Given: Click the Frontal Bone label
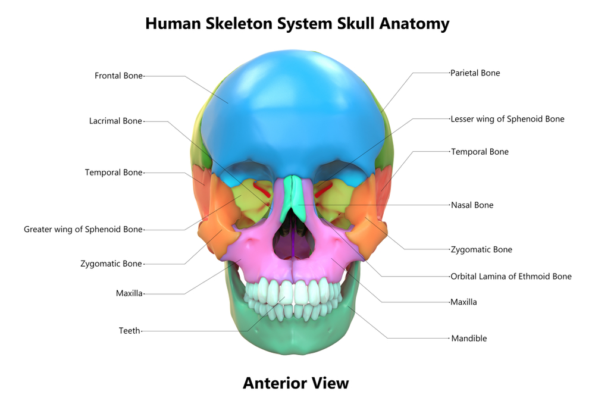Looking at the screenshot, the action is point(118,76).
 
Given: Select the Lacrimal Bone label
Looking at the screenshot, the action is point(115,121).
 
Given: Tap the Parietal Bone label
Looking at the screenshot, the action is point(475,73).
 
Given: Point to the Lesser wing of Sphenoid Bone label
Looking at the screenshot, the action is point(508,119).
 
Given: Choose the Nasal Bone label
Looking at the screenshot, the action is point(472,205).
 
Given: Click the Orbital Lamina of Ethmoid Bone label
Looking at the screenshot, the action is point(511,277).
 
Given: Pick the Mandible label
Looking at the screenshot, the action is point(469,339).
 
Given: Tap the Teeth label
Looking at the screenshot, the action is point(129,331).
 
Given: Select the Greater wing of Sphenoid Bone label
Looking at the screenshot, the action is point(83,230).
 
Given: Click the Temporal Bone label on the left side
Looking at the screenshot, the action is point(114,173).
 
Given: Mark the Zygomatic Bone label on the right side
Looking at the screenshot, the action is point(481,250).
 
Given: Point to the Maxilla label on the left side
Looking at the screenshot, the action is point(129,293).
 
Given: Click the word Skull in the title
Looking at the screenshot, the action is point(356,24).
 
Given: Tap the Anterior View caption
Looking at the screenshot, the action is point(296,383).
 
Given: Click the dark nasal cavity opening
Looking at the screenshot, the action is point(295,239).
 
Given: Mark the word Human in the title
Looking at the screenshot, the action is point(173,24).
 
